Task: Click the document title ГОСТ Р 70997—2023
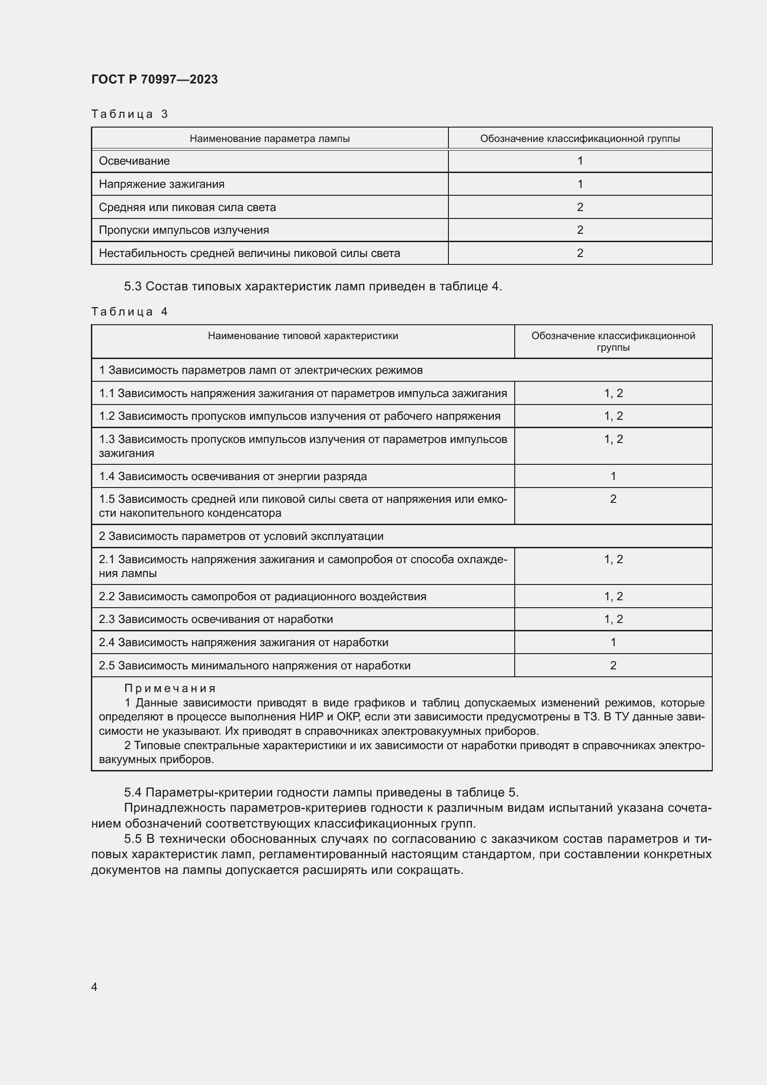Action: pyautogui.click(x=154, y=79)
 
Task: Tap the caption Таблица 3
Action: pyautogui.click(x=129, y=114)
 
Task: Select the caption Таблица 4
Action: pyautogui.click(x=129, y=311)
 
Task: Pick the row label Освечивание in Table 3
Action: pyautogui.click(x=134, y=161)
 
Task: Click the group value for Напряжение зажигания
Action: pyautogui.click(x=580, y=184)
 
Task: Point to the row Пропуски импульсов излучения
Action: pyautogui.click(x=184, y=230)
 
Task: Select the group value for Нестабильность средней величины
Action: pyautogui.click(x=580, y=253)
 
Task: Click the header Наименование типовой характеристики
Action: pyautogui.click(x=303, y=336)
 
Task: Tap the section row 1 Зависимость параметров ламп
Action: pyautogui.click(x=261, y=370)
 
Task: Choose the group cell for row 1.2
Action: pyautogui.click(x=613, y=416)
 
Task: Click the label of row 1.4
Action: pyautogui.click(x=233, y=476)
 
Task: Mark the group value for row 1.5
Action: pyautogui.click(x=613, y=499)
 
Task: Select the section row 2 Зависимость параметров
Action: pyautogui.click(x=241, y=536)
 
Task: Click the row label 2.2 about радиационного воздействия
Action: pyautogui.click(x=262, y=597)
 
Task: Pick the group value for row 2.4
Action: pyautogui.click(x=613, y=642)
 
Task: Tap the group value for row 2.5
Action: pyautogui.click(x=613, y=665)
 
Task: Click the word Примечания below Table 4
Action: pyautogui.click(x=170, y=688)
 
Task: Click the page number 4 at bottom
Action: pyautogui.click(x=95, y=987)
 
